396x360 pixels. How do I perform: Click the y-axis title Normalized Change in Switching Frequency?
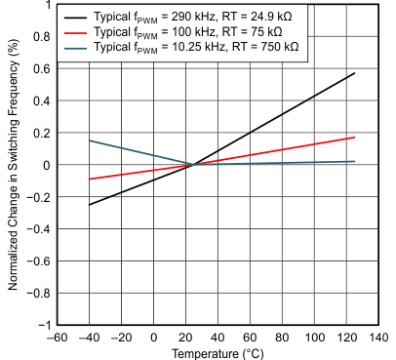[14, 164]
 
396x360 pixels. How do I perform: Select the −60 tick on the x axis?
[57, 337]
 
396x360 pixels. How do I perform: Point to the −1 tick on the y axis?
[44, 325]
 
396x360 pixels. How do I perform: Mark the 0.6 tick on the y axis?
[41, 69]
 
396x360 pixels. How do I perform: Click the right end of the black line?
[355, 73]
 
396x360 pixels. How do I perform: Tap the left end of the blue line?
[90, 140]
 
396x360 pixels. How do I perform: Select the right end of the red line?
[355, 138]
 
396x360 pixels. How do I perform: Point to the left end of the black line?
[90, 205]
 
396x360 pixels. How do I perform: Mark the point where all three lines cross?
[195, 165]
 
